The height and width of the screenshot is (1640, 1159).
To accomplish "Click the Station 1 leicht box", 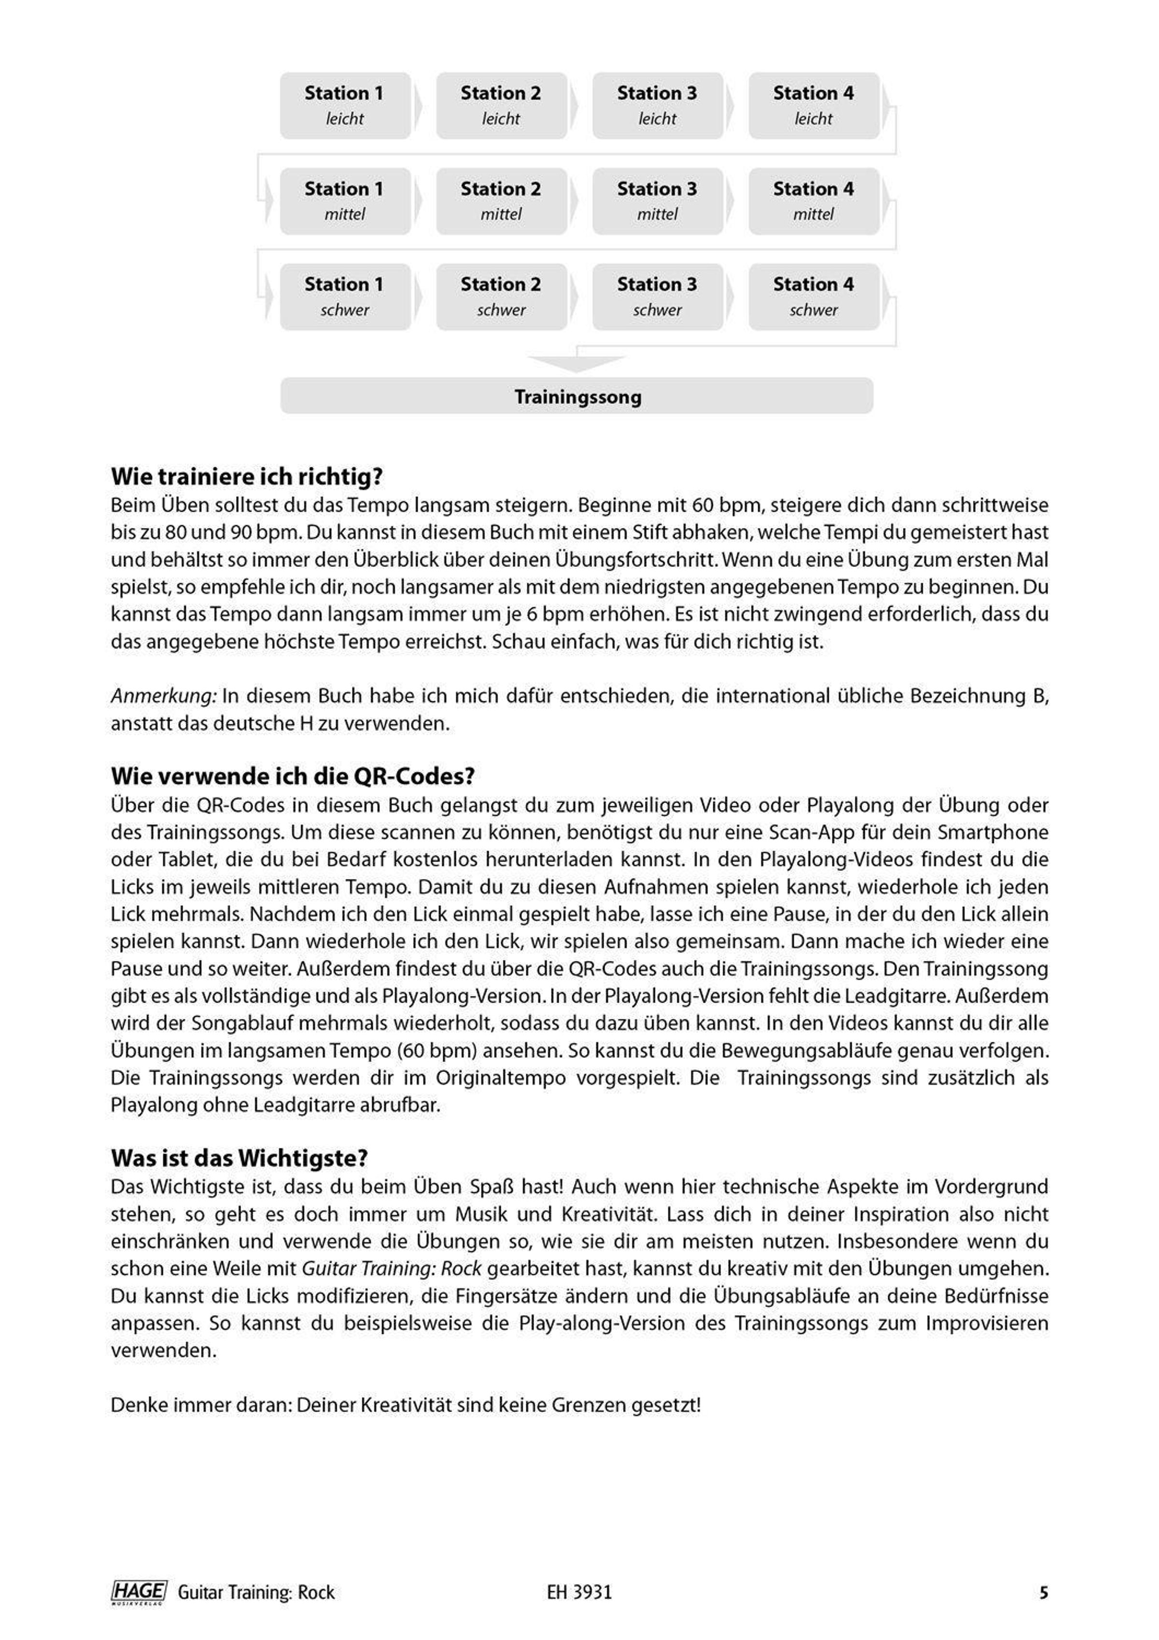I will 345,106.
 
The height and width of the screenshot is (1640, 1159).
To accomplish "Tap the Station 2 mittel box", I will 501,201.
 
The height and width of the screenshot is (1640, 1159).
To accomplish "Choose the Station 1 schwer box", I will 345,297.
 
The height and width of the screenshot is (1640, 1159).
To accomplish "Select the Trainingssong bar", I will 577,396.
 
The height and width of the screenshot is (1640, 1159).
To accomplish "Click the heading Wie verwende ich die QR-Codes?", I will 293,777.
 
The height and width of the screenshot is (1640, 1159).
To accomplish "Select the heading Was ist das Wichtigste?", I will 239,1158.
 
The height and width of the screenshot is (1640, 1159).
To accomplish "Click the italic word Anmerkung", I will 164,696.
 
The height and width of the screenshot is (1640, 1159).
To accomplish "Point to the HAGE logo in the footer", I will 139,1592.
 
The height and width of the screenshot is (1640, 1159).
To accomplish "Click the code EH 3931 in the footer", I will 579,1593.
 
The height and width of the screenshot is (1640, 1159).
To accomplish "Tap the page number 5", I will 1043,1593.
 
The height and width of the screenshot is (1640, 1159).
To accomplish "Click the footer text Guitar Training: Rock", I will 255,1593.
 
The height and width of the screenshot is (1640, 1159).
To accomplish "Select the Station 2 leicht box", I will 501,106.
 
